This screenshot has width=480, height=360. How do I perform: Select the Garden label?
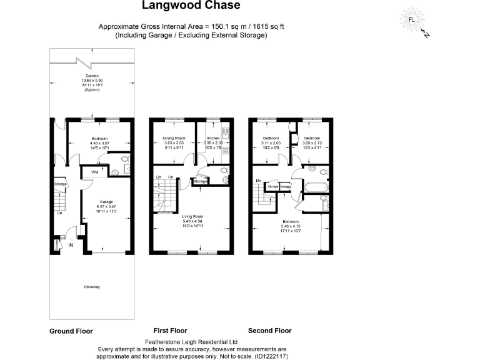pos(92,75)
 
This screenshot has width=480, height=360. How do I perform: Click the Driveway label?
pos(92,286)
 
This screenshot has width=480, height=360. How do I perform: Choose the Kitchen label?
pos(212,137)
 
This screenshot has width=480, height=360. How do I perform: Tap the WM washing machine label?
pos(94,171)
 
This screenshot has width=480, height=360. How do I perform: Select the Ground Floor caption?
pos(71,331)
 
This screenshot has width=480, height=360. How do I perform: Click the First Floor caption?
pos(170,331)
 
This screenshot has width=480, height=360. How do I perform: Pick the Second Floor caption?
pos(269,331)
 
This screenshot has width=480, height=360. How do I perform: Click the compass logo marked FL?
pos(411,19)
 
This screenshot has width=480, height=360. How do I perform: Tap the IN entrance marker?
pos(71,244)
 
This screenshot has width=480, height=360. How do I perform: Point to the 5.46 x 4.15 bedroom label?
pos(289,222)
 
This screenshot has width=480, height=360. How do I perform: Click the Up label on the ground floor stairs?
pos(59,212)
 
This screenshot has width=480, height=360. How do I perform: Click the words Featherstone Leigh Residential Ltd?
pos(191,342)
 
